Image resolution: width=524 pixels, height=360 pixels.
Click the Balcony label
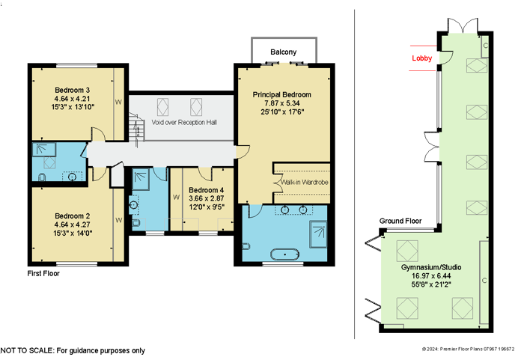coord(284,52)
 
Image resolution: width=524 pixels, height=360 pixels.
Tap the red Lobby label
coord(421,58)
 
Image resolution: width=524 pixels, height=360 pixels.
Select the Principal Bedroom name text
coord(281,94)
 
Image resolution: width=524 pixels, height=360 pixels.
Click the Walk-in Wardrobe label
coord(305,182)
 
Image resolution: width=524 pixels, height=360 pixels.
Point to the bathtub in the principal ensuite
coord(284,254)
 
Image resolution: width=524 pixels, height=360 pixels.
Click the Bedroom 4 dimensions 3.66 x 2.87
coord(206,198)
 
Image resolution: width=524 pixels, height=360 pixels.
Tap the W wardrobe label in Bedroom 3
coord(118,103)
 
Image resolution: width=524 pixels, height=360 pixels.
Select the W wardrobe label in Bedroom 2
coord(118,220)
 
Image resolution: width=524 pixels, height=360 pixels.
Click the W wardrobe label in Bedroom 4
coord(176,198)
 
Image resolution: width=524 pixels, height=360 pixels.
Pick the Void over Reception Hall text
coord(184,122)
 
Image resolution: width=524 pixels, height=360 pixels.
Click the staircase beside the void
coord(137,128)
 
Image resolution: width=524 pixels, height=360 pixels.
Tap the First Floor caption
coord(43,273)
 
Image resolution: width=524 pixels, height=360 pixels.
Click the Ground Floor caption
coord(400,221)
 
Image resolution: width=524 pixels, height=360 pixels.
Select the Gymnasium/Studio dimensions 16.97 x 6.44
coord(431,276)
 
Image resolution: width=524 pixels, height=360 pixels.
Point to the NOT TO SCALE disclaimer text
coord(73,350)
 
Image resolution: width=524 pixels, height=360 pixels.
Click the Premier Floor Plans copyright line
coord(468,350)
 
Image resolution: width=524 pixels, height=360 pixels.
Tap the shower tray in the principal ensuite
coord(318,234)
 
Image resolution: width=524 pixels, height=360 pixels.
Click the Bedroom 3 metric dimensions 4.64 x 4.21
coord(72,99)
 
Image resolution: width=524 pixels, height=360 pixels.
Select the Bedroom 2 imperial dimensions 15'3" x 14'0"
coord(73,234)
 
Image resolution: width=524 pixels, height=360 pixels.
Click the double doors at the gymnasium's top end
coord(463,26)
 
